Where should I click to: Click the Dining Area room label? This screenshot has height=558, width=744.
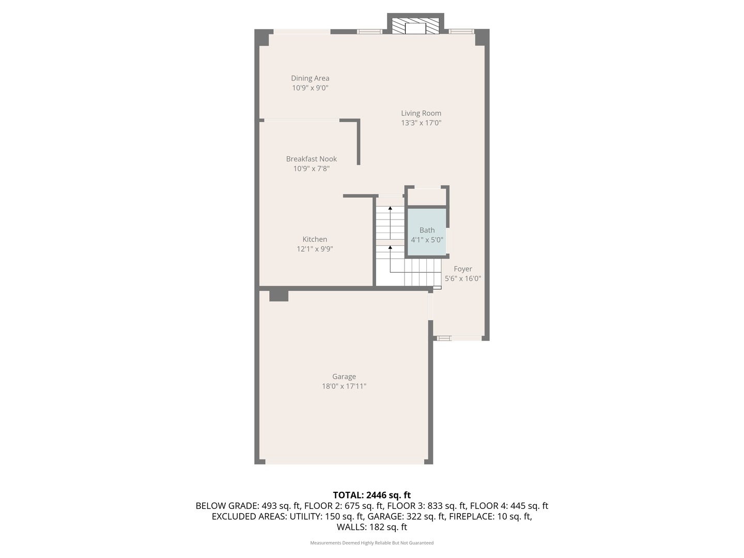[310, 79]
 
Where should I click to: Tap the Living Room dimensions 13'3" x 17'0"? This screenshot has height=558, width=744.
[421, 123]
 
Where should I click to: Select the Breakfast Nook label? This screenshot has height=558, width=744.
[312, 159]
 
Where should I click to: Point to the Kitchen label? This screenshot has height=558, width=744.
[315, 239]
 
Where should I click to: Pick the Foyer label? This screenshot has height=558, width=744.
[463, 269]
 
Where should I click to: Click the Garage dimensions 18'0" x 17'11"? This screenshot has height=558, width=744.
[344, 386]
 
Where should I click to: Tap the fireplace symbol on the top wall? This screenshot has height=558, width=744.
[415, 26]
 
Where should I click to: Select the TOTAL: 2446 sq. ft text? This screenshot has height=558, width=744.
[371, 495]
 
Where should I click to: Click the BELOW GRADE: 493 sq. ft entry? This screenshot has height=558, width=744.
[248, 506]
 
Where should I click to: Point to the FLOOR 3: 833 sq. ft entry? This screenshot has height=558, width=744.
[427, 506]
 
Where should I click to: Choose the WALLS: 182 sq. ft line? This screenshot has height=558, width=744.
[371, 527]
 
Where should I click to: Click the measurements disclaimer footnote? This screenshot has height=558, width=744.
[371, 543]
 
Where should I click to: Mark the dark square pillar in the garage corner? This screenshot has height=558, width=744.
[278, 296]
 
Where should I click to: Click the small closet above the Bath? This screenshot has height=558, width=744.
[427, 197]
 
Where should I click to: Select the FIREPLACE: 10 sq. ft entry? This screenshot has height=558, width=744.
[490, 516]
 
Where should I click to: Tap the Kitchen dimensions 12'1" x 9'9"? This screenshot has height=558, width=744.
[315, 249]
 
